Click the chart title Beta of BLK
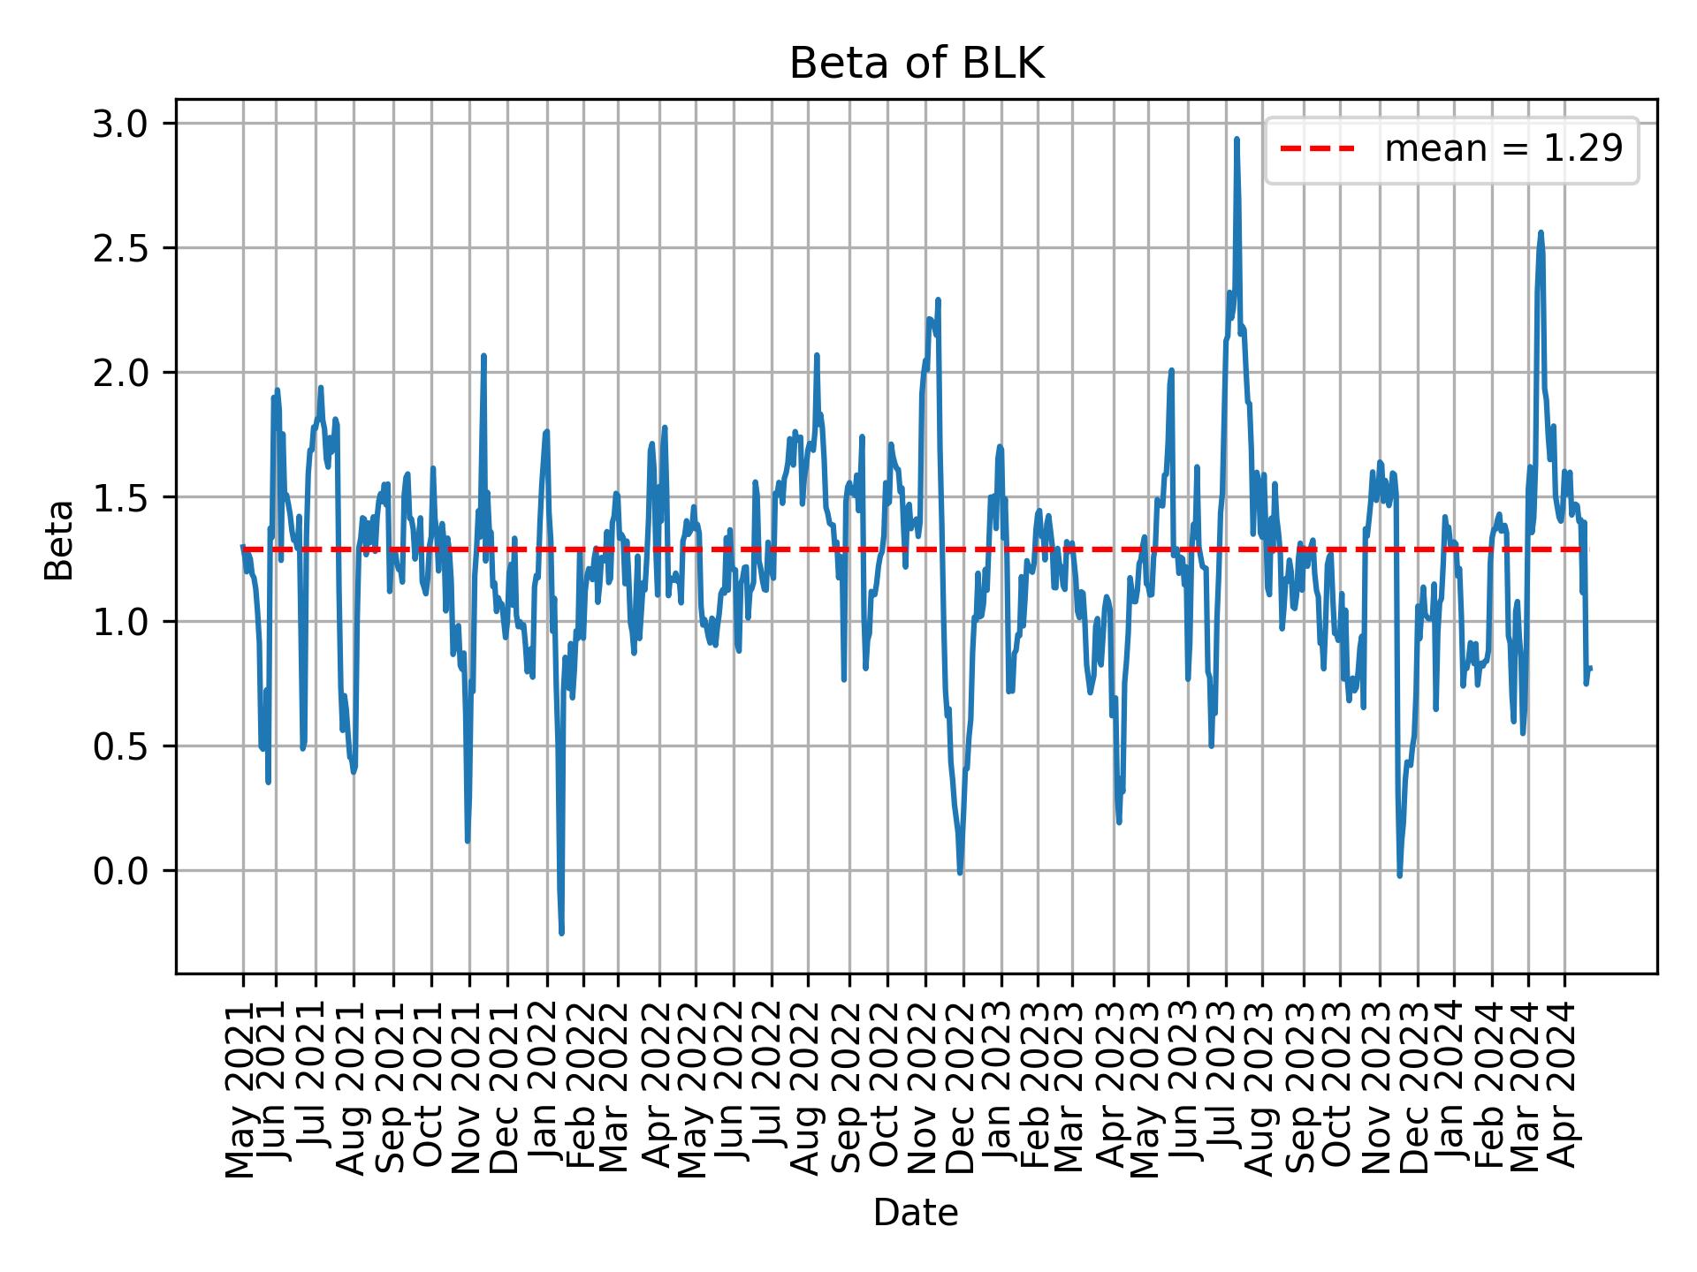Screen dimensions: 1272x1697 pyautogui.click(x=917, y=64)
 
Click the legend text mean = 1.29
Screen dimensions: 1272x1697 pyautogui.click(x=1503, y=149)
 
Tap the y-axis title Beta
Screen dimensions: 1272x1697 pyautogui.click(x=60, y=540)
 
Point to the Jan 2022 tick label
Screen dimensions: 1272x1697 pyautogui.click(x=544, y=1085)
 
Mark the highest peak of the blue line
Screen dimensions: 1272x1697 pyautogui.click(x=1237, y=139)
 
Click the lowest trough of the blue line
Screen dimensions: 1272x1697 pyautogui.click(x=561, y=933)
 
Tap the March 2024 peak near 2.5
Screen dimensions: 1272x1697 pyautogui.click(x=1541, y=232)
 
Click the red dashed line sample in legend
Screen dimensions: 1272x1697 pyautogui.click(x=1317, y=149)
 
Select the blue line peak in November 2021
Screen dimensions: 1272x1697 pyautogui.click(x=483, y=356)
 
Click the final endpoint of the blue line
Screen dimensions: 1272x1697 pyautogui.click(x=1589, y=668)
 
